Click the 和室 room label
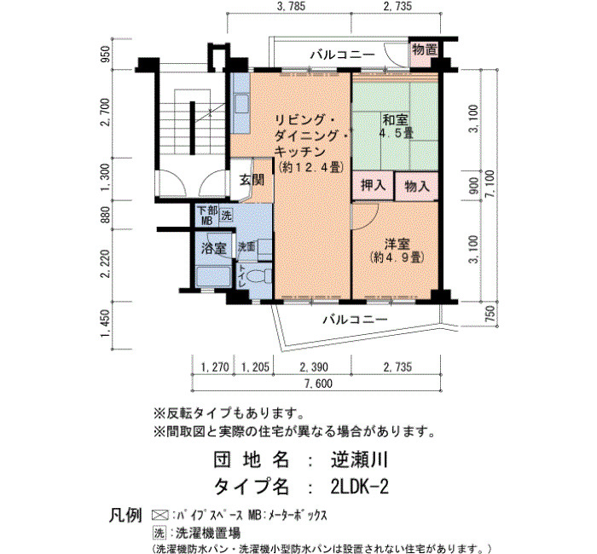pyautogui.click(x=395, y=120)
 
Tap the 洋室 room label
pyautogui.click(x=397, y=244)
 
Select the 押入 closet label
pyautogui.click(x=374, y=185)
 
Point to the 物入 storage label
pyautogui.click(x=417, y=186)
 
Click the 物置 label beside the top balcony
pyautogui.click(x=424, y=49)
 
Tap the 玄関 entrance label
pyautogui.click(x=252, y=179)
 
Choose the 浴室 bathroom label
pyautogui.click(x=213, y=249)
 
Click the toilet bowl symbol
pyautogui.click(x=262, y=277)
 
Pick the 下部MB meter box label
pyautogui.click(x=207, y=216)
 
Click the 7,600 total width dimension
pyautogui.click(x=319, y=384)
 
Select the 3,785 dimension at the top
pyautogui.click(x=291, y=6)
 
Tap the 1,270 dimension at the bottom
pyautogui.click(x=215, y=367)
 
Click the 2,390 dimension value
pyautogui.click(x=313, y=367)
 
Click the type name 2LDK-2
pyautogui.click(x=360, y=487)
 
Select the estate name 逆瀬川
pyautogui.click(x=359, y=459)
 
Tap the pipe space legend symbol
pyautogui.click(x=160, y=515)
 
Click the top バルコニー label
pyautogui.click(x=342, y=55)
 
